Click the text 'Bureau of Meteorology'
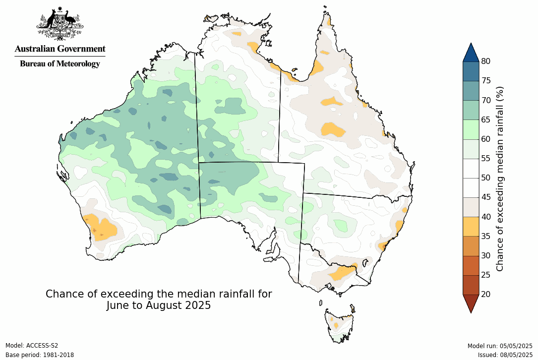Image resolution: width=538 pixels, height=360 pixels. tap(60, 63)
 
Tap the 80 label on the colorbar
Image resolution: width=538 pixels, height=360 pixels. tap(485, 61)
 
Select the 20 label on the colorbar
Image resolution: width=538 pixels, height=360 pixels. tap(485, 294)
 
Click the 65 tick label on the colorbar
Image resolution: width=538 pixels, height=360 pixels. tap(485, 120)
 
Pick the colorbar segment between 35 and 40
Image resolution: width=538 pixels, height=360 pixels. tap(471, 226)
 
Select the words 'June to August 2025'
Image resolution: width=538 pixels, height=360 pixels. tap(159, 305)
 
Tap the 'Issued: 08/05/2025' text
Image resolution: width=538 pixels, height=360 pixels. tap(505, 355)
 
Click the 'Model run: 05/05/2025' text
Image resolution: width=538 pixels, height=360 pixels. tap(500, 346)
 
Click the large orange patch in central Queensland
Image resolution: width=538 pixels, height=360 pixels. tap(333, 130)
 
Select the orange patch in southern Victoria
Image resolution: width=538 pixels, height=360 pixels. tap(341, 272)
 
